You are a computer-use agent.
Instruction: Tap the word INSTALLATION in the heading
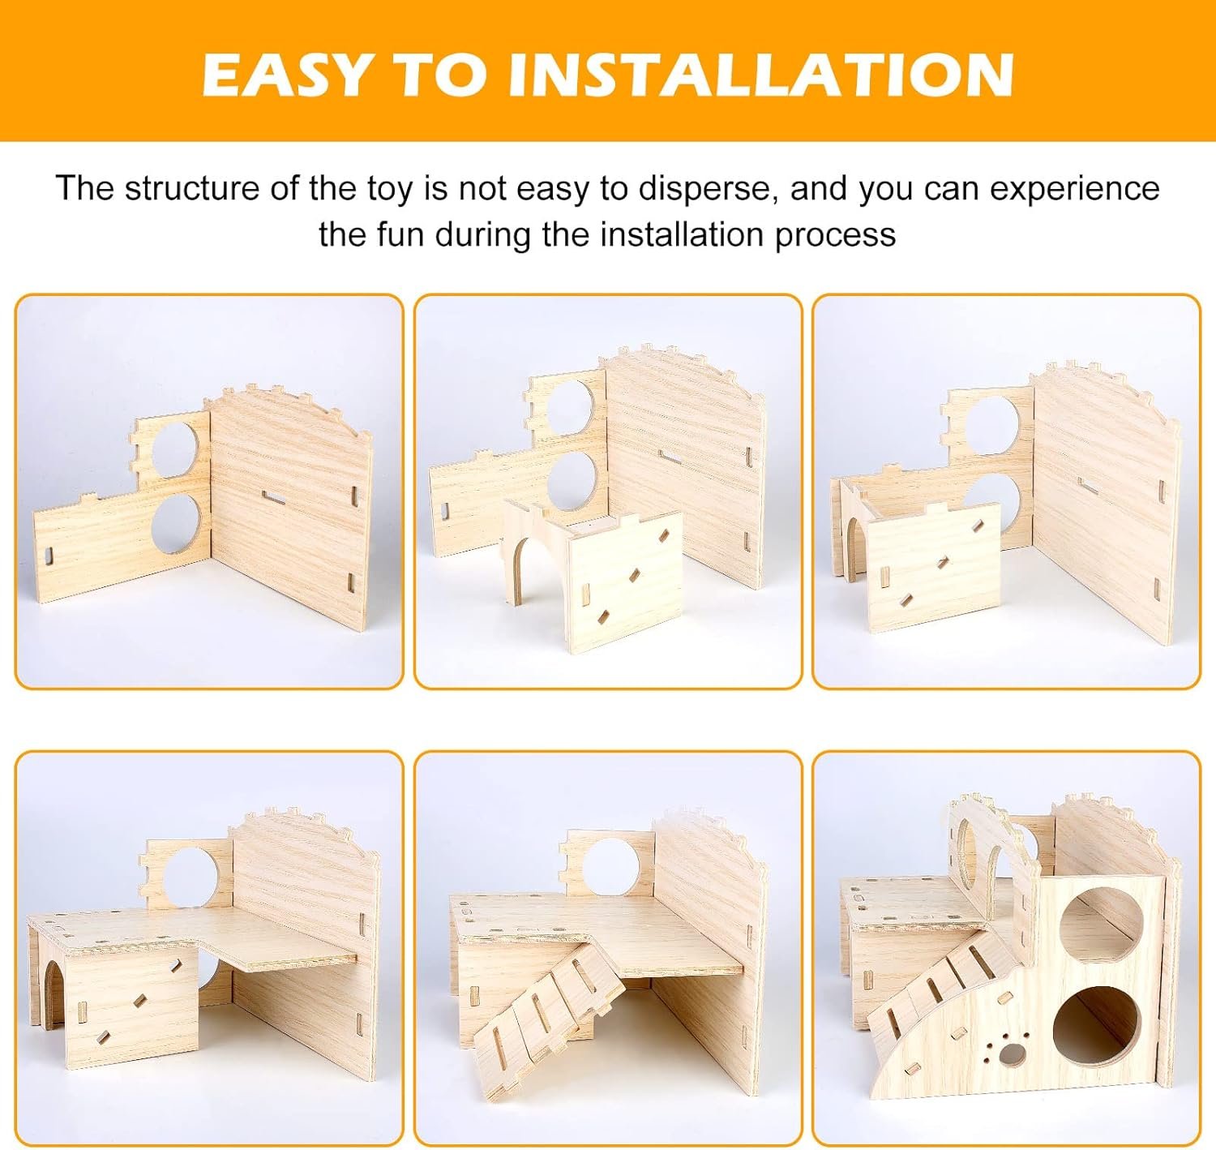760,75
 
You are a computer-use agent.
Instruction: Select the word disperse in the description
708,188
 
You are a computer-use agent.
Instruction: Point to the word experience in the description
1075,190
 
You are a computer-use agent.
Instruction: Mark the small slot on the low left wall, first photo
49,556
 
